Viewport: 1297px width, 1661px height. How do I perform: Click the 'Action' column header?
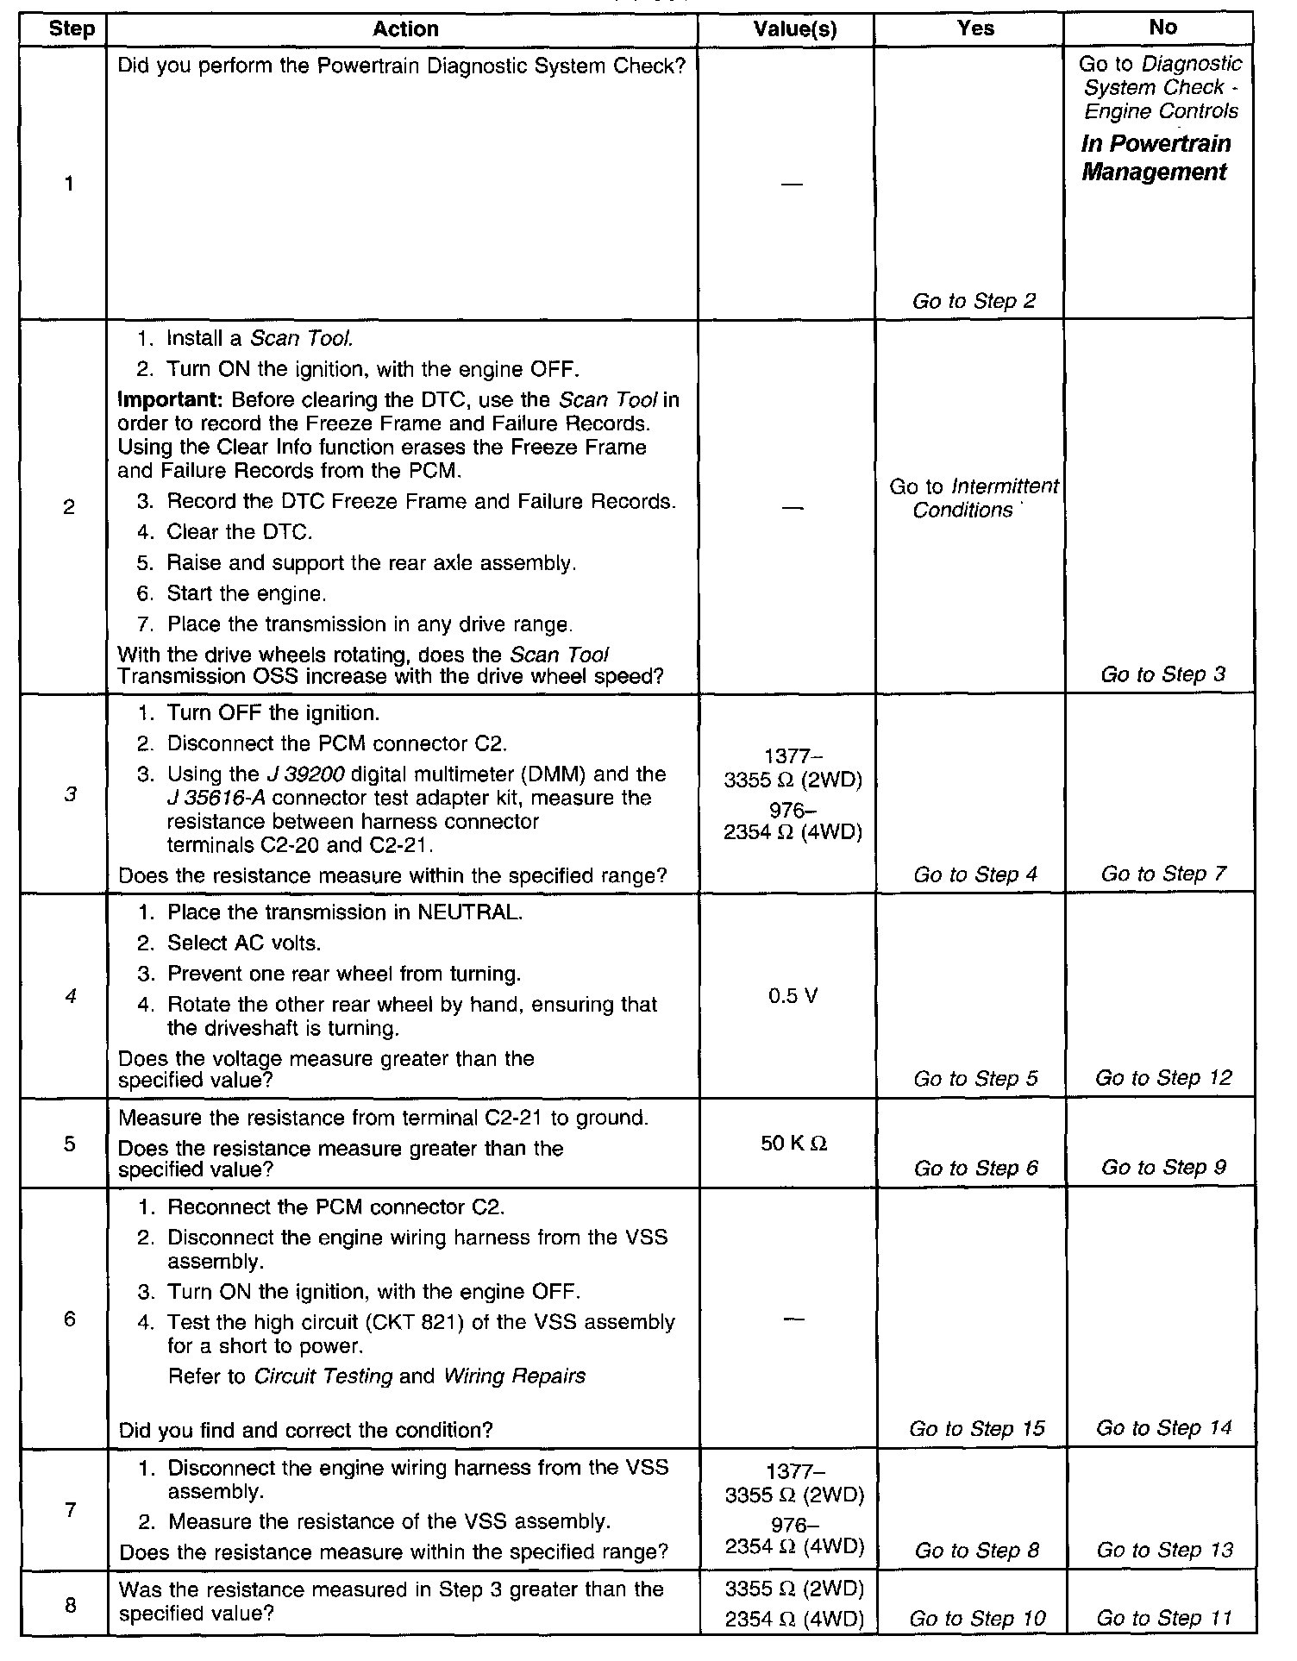(405, 28)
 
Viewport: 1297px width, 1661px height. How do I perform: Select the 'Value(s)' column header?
(794, 28)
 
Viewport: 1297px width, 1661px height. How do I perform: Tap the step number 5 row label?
(69, 1144)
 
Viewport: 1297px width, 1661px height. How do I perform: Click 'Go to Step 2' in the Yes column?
(974, 301)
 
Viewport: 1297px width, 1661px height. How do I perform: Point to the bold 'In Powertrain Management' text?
(1155, 158)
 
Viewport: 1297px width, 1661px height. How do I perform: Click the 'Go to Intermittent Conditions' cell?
(974, 498)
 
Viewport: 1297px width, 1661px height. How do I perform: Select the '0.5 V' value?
(793, 996)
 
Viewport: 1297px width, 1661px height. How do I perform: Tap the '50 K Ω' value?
(794, 1144)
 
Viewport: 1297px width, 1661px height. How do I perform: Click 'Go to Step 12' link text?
(1163, 1078)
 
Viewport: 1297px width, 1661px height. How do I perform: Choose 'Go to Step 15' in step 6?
(976, 1429)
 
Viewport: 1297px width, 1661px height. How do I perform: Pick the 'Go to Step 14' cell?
(1163, 1428)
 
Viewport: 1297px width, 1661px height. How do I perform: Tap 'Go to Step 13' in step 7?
(1164, 1550)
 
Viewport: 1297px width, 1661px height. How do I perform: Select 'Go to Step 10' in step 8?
(976, 1619)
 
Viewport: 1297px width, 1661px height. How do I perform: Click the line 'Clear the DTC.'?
(239, 532)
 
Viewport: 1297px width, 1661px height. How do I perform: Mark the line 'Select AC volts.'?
(243, 943)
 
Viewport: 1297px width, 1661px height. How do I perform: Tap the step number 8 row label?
(70, 1605)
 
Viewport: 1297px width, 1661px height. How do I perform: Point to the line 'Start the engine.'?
(246, 593)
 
